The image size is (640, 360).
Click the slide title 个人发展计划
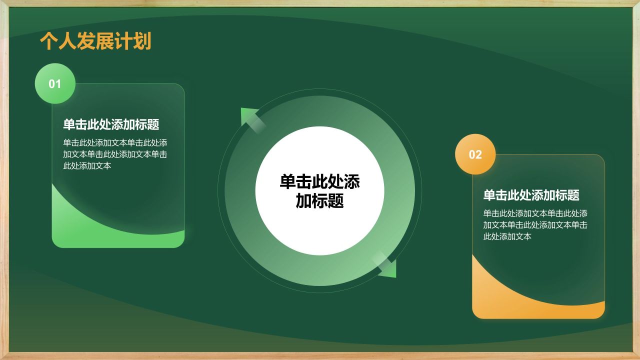coord(95,41)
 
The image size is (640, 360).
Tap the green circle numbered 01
coord(55,83)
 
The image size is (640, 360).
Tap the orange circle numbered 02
coord(475,154)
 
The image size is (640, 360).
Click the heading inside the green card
coord(111,124)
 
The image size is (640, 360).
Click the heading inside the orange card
coord(531,195)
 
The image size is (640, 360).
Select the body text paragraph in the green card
coord(115,153)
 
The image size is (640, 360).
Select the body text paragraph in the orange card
coord(535,224)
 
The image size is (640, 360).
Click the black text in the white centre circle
coord(319,191)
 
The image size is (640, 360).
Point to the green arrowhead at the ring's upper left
coord(248,116)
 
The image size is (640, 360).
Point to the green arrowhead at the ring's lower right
coord(389,270)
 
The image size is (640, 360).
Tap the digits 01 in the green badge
coord(55,84)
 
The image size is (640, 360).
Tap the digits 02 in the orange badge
coord(475,155)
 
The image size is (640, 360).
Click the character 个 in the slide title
coord(48,41)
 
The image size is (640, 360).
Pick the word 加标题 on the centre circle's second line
coord(319,201)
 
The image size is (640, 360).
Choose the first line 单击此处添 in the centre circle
coord(319,182)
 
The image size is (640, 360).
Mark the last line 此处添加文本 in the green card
coord(87,165)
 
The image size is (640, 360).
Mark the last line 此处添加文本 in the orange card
coord(507,236)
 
